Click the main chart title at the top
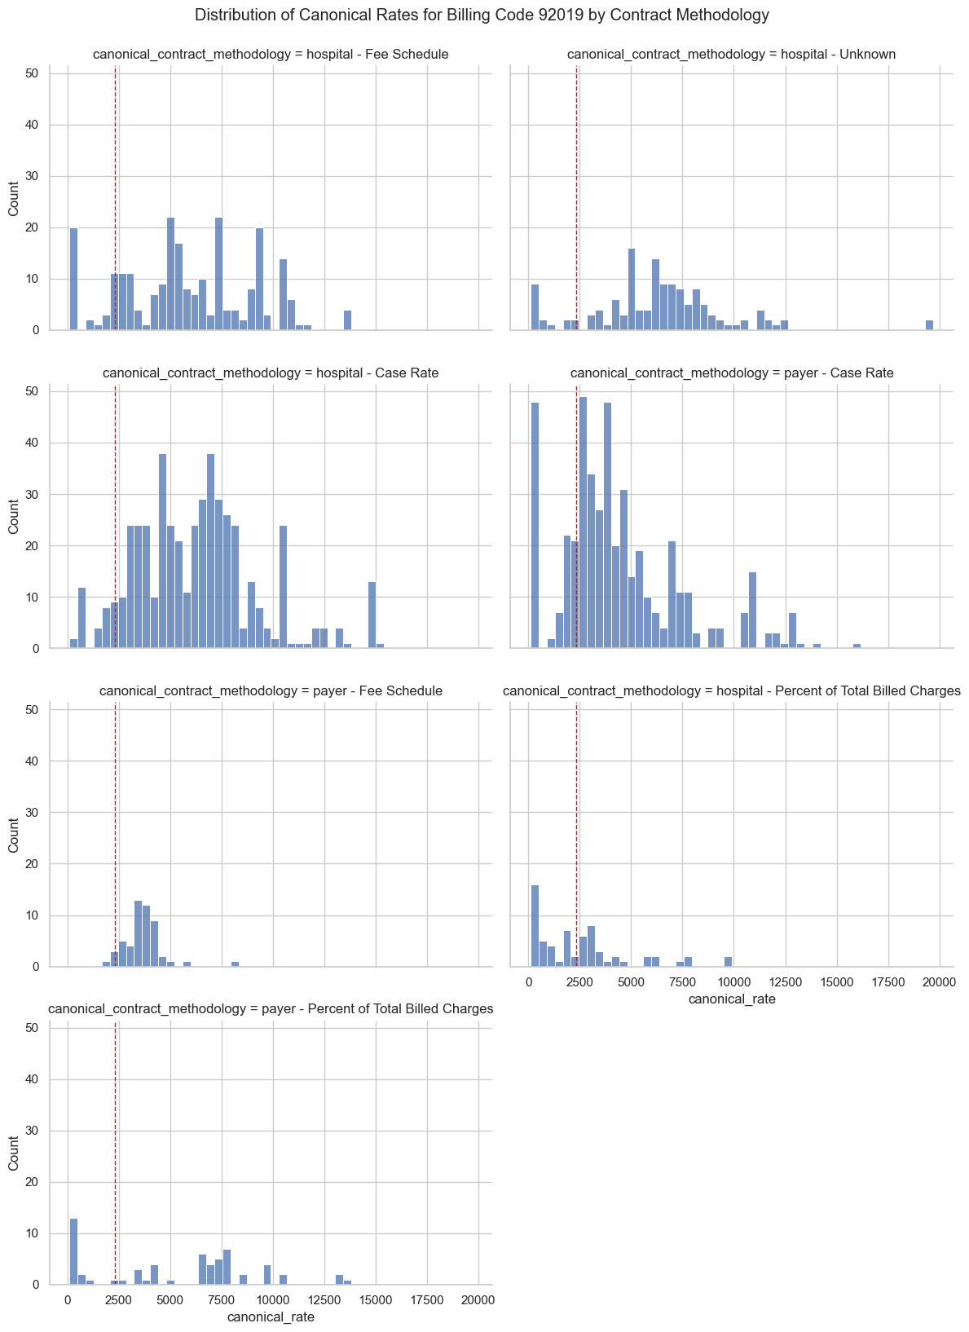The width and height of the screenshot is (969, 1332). [482, 15]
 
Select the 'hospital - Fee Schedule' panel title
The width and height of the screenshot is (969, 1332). [271, 55]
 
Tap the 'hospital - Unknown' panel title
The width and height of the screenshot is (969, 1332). [731, 55]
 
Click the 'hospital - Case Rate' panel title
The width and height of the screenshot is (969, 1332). [271, 373]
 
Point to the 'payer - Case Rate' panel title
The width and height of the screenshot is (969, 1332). [731, 373]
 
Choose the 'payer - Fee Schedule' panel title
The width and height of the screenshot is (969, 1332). [271, 691]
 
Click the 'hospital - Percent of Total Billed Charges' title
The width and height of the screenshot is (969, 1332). [731, 691]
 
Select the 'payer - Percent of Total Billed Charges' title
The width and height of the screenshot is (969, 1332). [271, 1009]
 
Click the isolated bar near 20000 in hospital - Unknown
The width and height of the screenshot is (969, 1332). [929, 325]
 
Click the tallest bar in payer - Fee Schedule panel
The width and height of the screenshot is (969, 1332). [138, 933]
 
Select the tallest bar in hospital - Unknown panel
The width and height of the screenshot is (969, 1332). [632, 289]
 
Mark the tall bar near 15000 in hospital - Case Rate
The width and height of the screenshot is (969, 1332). [372, 615]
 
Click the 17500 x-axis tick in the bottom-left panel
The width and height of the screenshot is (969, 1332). [427, 1299]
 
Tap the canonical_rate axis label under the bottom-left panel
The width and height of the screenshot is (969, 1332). [271, 1317]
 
